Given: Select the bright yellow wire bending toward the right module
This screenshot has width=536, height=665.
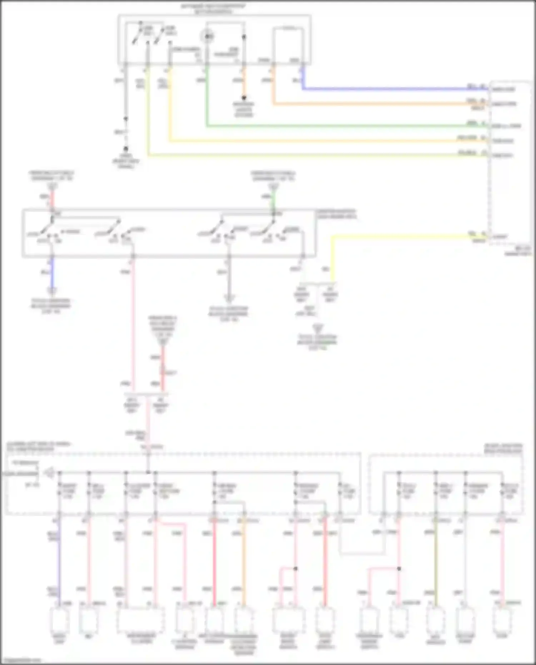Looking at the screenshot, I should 393,236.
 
